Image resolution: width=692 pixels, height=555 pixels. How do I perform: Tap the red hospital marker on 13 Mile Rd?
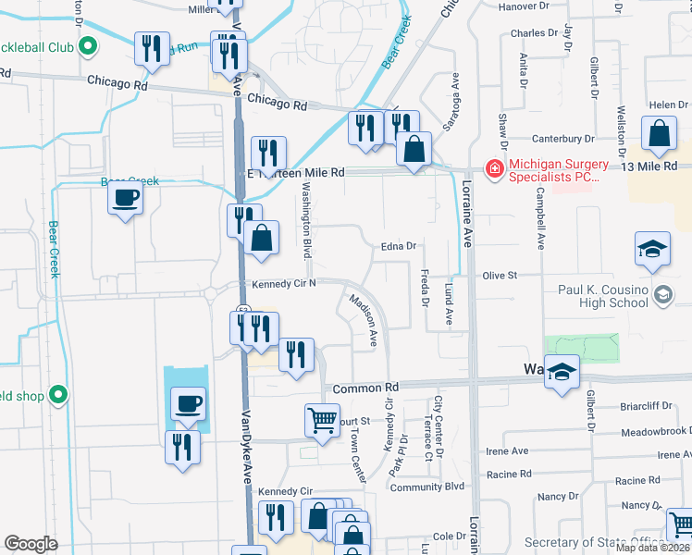coord(494,168)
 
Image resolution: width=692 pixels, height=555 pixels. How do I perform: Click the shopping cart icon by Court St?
coord(322,420)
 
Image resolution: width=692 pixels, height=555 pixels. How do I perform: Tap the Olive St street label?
coord(523,276)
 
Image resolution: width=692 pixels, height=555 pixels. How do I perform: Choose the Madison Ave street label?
coord(364,319)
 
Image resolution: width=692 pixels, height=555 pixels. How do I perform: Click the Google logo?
coord(31,544)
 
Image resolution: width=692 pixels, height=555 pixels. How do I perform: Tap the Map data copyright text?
coord(653,548)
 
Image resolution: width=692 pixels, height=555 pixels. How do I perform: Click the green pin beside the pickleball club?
coord(88,45)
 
